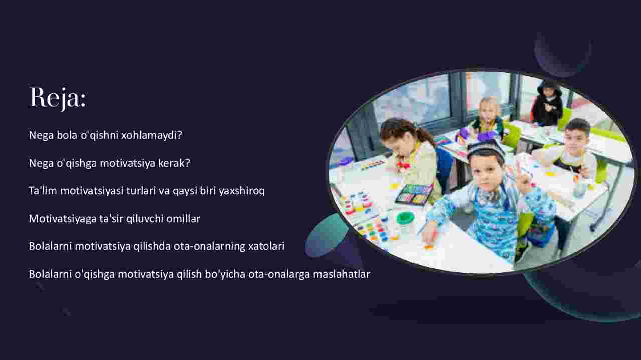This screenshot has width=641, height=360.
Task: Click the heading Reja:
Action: point(58,98)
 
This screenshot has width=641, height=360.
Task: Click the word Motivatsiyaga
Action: point(63,219)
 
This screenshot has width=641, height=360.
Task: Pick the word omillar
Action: point(183,219)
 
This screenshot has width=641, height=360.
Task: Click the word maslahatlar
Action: point(342,274)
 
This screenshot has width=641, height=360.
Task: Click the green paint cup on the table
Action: point(405,218)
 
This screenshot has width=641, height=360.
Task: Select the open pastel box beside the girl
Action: point(414,194)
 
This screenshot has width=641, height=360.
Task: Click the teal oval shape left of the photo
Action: point(326,236)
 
